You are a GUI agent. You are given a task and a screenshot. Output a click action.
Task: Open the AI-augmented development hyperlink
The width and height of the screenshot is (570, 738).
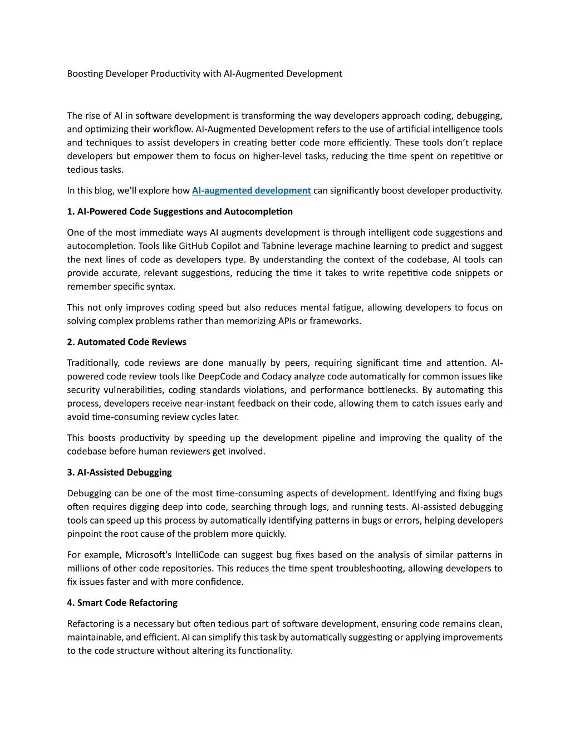click(x=251, y=190)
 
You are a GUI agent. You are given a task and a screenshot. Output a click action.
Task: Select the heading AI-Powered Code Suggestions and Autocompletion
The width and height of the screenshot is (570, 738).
click(x=180, y=212)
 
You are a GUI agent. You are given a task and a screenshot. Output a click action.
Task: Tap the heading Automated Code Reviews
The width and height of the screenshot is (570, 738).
click(x=126, y=342)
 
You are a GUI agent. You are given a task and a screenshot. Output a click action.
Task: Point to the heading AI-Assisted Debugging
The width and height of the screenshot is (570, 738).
click(x=119, y=472)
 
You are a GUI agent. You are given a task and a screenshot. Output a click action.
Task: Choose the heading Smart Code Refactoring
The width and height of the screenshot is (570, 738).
click(x=122, y=603)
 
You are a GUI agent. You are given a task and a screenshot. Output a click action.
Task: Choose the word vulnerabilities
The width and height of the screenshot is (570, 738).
click(x=134, y=390)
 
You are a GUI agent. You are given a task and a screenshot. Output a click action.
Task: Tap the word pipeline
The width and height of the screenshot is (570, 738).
click(x=338, y=438)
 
